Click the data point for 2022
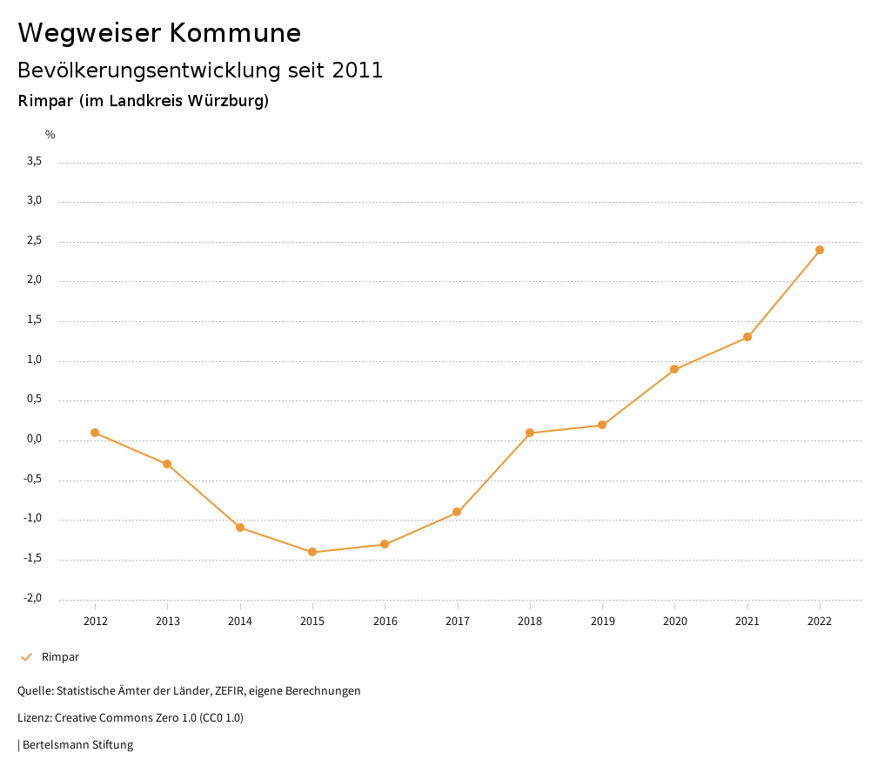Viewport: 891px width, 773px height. (820, 250)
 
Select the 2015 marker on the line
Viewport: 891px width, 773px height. (312, 552)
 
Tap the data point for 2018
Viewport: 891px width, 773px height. (530, 433)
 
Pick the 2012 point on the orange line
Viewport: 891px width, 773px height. (95, 433)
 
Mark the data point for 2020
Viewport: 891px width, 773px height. (674, 369)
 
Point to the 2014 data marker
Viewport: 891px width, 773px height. (240, 528)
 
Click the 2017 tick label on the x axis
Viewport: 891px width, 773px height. (458, 621)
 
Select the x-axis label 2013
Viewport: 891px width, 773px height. (168, 621)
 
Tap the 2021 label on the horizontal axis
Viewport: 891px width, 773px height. (747, 621)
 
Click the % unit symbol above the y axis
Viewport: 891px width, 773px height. (50, 134)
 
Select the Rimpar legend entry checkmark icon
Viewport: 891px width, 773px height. (26, 657)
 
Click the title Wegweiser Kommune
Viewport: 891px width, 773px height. (159, 33)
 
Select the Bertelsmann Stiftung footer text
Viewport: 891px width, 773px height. (77, 745)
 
